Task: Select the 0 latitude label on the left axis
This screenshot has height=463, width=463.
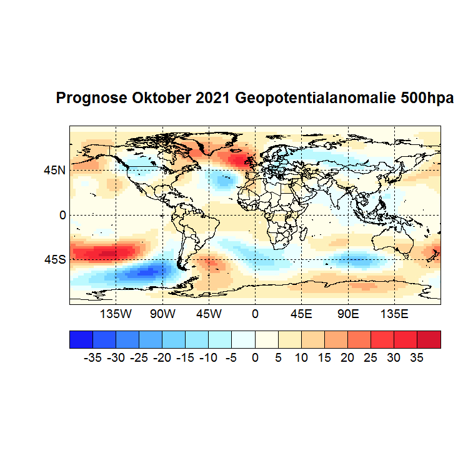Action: [62, 215]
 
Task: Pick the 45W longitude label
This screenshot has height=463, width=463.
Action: [208, 313]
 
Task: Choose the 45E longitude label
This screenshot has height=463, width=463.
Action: [301, 313]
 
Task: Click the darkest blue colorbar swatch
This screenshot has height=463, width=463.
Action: [81, 339]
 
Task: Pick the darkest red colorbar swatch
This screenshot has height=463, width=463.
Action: [429, 339]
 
